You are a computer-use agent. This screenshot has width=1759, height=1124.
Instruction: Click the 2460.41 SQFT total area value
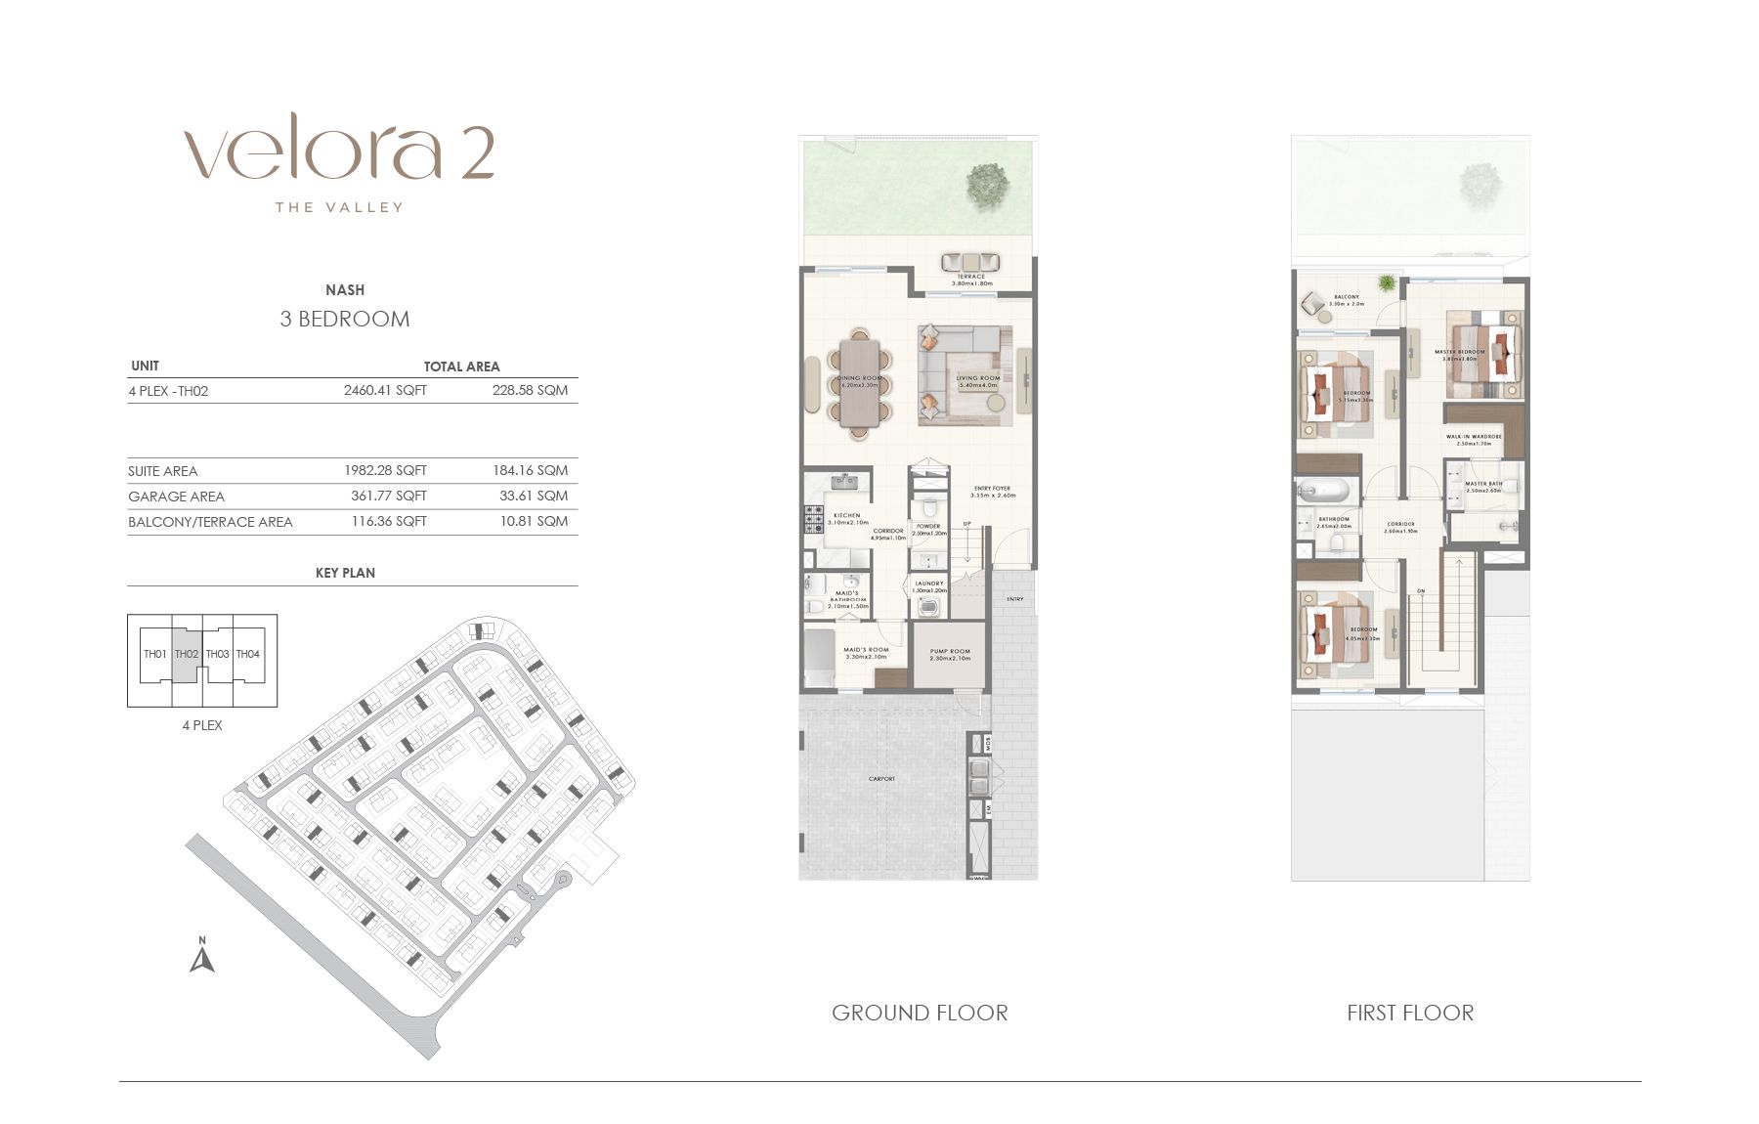[385, 390]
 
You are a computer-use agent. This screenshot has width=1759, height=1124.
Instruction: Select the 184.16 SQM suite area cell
[530, 470]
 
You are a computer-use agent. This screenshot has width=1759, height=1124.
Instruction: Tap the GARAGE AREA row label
[176, 497]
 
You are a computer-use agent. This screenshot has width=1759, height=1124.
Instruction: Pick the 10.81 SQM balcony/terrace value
[534, 521]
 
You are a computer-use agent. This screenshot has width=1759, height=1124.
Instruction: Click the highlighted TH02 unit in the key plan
[187, 654]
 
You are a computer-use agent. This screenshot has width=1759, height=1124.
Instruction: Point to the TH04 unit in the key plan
[248, 654]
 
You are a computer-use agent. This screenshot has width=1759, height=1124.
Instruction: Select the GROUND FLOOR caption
[920, 1013]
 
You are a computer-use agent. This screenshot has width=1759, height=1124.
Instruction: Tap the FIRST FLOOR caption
[1410, 1013]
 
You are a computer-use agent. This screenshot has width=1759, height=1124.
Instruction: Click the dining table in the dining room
[860, 383]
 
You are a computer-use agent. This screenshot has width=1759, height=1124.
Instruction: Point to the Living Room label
[977, 379]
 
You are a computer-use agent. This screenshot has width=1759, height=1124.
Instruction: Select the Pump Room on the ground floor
[950, 655]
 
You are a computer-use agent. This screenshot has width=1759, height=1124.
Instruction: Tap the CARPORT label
[881, 779]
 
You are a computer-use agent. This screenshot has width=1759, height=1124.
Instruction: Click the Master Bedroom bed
[1485, 352]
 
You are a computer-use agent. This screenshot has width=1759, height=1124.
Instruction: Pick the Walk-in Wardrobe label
[1474, 438]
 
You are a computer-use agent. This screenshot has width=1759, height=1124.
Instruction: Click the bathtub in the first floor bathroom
[1324, 490]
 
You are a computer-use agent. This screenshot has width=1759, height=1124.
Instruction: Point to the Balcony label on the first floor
[1346, 298]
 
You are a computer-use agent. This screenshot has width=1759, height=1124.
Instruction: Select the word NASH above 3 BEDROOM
[345, 290]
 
